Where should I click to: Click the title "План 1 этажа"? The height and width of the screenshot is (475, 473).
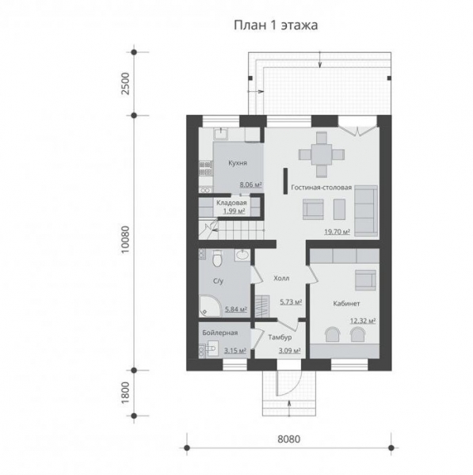(276, 25)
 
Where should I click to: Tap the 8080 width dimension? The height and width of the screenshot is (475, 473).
(288, 439)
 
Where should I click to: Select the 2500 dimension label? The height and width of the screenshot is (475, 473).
(125, 84)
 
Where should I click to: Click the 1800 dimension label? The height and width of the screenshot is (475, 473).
(125, 393)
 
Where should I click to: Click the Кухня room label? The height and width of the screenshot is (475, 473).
(238, 163)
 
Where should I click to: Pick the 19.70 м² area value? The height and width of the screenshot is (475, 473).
(338, 232)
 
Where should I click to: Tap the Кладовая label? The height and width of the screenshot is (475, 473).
(231, 203)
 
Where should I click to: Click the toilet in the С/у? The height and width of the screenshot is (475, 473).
(217, 258)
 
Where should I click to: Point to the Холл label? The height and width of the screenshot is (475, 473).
(281, 278)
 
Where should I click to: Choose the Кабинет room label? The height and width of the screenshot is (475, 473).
(346, 303)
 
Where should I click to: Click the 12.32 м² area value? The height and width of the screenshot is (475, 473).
(363, 321)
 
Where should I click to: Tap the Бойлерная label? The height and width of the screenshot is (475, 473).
(219, 332)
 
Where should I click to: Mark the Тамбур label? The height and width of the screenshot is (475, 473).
(280, 337)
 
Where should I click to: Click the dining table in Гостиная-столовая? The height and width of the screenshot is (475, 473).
(322, 154)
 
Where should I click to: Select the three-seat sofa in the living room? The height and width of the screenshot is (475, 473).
(366, 211)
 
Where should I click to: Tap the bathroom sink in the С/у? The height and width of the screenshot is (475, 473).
(242, 255)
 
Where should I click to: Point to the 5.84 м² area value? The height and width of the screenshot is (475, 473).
(236, 310)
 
